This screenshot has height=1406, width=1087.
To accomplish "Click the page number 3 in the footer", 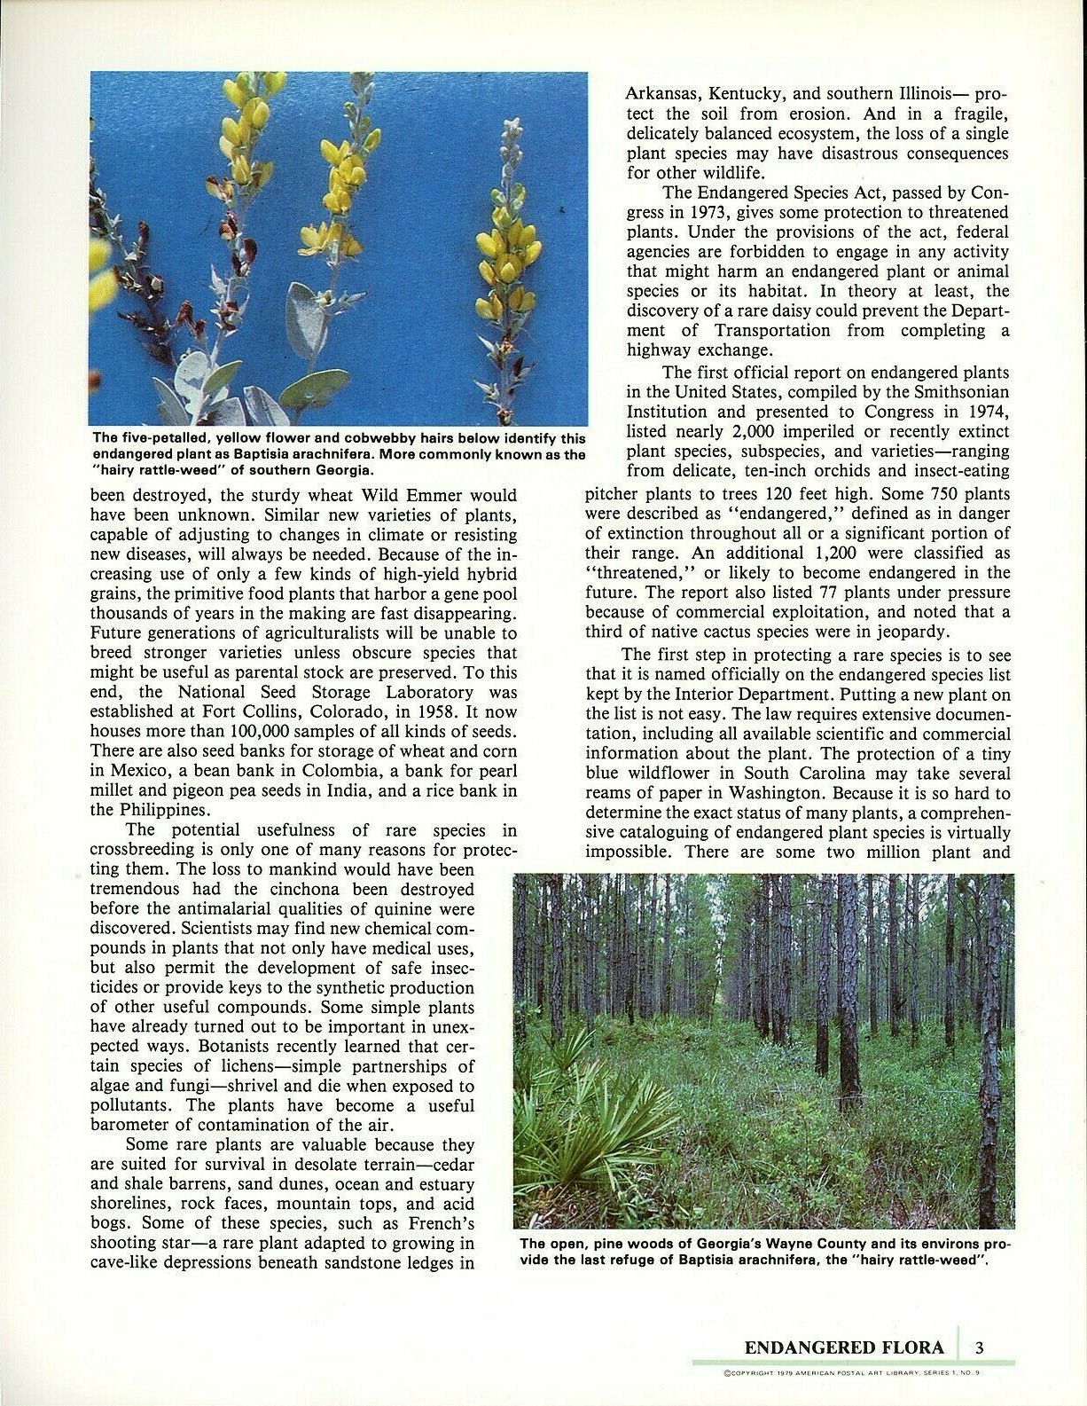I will [x=980, y=1347].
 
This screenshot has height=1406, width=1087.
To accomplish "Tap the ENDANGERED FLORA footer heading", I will [x=844, y=1347].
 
